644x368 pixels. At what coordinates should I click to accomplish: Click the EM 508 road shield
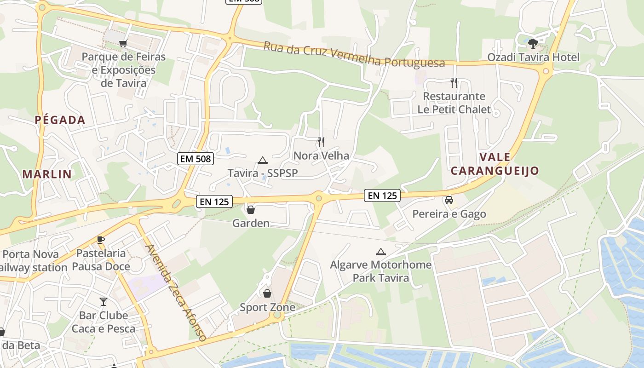point(195,159)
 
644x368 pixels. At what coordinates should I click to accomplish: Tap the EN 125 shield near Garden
point(214,201)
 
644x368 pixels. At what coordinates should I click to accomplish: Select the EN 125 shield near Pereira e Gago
point(382,195)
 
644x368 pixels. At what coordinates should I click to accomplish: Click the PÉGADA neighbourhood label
point(60,121)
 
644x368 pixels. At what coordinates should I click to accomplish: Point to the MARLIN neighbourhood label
point(47,174)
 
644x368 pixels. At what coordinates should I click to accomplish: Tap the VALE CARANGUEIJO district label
point(494,164)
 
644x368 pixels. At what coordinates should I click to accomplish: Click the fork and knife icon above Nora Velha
point(321,142)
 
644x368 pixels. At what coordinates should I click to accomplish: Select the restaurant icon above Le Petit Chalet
point(454,83)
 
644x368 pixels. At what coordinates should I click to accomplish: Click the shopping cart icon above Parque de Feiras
point(123,44)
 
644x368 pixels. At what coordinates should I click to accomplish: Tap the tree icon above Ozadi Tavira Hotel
point(533,44)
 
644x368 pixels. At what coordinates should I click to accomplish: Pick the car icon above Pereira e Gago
point(449,200)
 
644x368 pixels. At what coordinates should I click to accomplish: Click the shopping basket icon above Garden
point(251,210)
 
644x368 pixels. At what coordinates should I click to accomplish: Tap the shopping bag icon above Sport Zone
point(267,293)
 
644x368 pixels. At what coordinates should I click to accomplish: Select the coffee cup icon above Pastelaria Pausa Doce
point(101,240)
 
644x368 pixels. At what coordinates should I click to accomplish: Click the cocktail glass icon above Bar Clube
point(103,302)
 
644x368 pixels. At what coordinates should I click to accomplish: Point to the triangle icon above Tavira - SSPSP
point(263,160)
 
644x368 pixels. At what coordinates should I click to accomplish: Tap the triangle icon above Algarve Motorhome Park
point(380,252)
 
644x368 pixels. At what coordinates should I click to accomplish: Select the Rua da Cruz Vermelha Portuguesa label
point(354,55)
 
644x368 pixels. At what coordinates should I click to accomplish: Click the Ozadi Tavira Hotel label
point(533,57)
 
